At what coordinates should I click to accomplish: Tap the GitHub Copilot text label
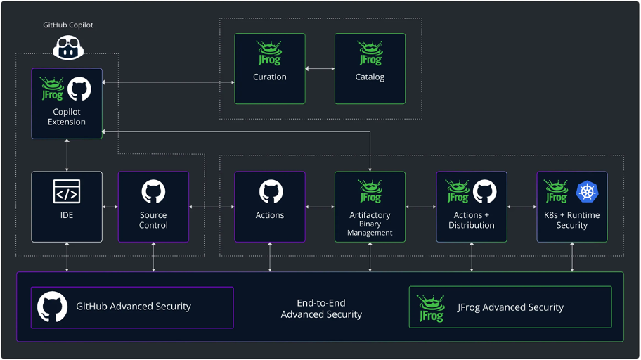[67, 25]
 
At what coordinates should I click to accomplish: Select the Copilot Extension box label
[67, 117]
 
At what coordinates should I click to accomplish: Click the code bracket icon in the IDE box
[67, 191]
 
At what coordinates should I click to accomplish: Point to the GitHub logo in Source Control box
[153, 191]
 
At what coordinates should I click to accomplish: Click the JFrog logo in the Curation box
[270, 53]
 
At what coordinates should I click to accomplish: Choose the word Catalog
[370, 77]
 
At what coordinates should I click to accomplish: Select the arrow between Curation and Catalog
[320, 69]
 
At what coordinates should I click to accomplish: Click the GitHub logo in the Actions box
[270, 191]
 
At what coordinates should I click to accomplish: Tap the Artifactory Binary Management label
[370, 223]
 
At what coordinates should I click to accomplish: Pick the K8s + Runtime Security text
[572, 220]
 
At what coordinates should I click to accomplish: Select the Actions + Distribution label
[471, 220]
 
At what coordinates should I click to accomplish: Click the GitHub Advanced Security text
[134, 307]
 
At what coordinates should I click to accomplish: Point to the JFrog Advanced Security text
[510, 307]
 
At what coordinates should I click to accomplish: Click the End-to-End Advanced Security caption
[321, 309]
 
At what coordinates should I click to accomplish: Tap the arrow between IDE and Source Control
[110, 207]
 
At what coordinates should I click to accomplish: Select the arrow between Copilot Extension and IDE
[67, 155]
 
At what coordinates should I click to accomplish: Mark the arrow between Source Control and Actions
[212, 207]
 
